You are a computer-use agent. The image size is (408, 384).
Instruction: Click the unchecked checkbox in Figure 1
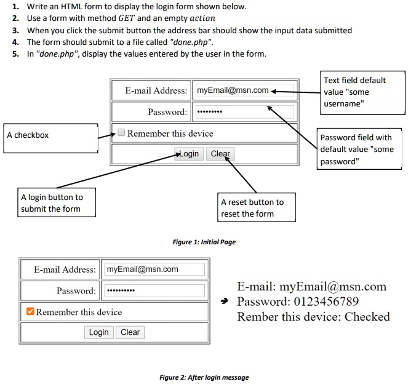click(121, 133)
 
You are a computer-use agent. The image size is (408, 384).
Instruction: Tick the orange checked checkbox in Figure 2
click(30, 311)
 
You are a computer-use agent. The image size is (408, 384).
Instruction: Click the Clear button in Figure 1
click(220, 154)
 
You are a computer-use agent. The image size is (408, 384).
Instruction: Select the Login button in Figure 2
click(98, 332)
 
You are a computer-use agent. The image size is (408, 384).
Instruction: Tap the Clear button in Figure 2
click(130, 332)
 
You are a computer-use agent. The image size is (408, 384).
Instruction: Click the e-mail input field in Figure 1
click(244, 90)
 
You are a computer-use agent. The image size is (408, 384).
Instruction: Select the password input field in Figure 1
click(244, 112)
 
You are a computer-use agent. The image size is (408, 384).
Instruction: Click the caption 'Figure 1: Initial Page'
click(204, 242)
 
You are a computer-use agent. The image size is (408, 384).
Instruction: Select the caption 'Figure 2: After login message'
click(204, 377)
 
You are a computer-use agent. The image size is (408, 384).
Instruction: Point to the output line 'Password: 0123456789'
click(298, 302)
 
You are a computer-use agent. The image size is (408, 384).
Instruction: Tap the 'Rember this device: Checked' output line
click(313, 317)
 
